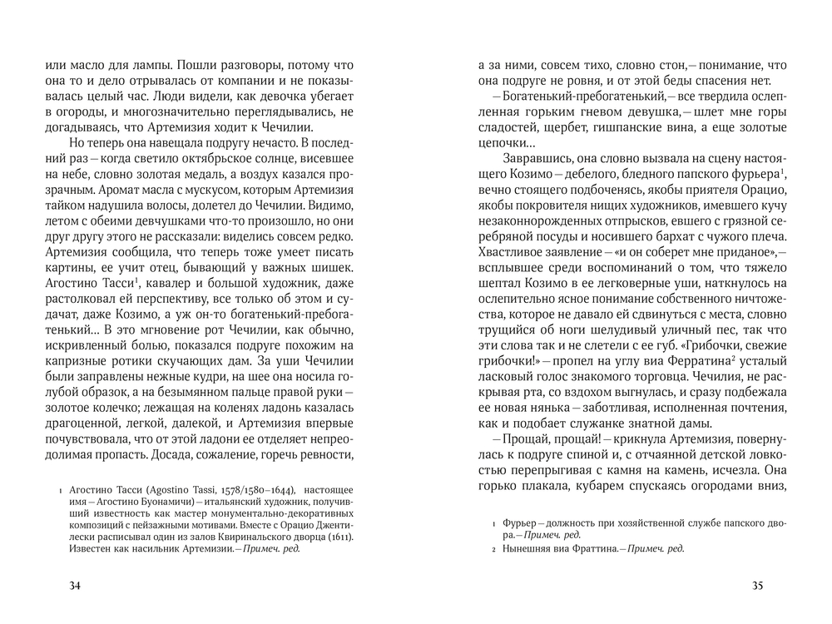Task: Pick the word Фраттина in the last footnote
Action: click(x=583, y=548)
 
